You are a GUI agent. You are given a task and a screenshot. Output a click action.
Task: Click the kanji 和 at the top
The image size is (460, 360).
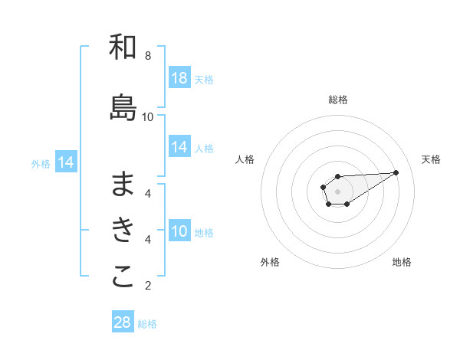tap(123, 47)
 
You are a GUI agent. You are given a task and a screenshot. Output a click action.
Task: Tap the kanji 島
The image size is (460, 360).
tap(123, 108)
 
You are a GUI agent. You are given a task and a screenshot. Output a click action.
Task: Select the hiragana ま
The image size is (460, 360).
tap(123, 184)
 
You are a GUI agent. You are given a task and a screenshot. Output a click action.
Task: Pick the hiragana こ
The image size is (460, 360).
tap(123, 277)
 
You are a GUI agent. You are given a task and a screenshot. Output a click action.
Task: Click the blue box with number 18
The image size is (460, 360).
tap(179, 78)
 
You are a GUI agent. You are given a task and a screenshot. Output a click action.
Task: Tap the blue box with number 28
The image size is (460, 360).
tap(123, 322)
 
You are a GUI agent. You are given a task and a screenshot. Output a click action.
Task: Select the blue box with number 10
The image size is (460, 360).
tap(179, 231)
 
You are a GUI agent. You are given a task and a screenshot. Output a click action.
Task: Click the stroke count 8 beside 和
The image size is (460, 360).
tap(148, 56)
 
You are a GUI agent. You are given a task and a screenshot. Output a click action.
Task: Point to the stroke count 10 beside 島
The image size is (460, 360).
tap(148, 116)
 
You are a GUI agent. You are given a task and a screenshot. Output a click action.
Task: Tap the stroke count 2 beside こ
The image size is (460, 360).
tap(148, 286)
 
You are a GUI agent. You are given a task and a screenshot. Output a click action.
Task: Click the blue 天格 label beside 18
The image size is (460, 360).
tap(204, 79)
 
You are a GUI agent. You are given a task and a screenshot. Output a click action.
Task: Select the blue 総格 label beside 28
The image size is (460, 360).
tap(147, 323)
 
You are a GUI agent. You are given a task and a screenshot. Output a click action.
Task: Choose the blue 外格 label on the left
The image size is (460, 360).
tap(41, 163)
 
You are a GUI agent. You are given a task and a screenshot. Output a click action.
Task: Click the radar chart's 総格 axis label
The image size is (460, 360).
tap(338, 100)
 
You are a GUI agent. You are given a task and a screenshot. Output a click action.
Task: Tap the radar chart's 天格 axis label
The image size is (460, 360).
tap(431, 159)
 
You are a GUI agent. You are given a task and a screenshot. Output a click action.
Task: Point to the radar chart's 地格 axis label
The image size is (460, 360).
tap(402, 262)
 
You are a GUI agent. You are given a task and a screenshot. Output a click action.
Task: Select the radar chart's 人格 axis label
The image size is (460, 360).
tap(245, 159)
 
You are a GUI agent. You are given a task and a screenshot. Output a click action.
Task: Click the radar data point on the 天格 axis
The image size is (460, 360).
tap(396, 172)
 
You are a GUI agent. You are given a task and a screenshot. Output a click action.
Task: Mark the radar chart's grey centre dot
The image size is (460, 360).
tap(338, 191)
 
